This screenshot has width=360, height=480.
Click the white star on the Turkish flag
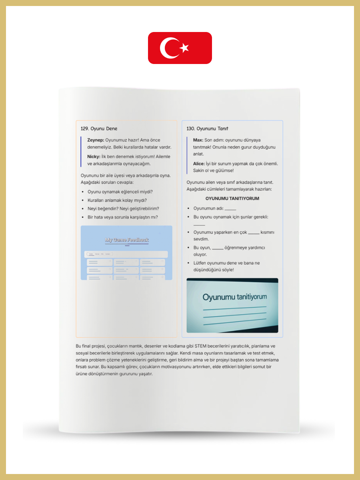tap(184, 48)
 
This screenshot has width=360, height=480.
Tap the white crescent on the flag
tap(168, 48)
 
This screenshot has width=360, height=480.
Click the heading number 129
tap(84, 128)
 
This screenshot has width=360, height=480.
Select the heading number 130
tap(191, 128)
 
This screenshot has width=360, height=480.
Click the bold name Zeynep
tap(95, 140)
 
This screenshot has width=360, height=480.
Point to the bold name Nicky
tap(94, 156)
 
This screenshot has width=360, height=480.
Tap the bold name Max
tap(198, 140)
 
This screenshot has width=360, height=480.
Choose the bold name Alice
tap(199, 164)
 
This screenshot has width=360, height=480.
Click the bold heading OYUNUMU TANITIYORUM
tap(232, 198)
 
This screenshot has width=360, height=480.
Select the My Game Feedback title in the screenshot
tap(126, 240)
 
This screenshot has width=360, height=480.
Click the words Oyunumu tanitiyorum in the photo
tap(234, 297)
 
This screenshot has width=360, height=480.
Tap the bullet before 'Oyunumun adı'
tap(188, 208)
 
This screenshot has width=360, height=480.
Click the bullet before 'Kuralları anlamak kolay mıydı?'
tap(82, 200)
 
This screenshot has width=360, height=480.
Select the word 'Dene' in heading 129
tap(111, 128)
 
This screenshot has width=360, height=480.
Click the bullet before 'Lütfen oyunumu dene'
tap(188, 263)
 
